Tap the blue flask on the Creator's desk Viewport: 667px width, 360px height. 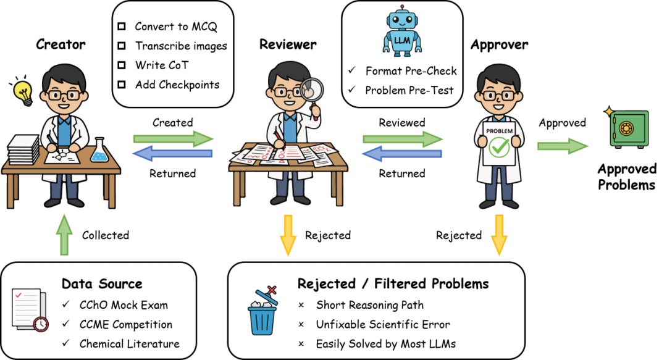click(99, 151)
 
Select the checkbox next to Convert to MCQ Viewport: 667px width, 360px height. click(122, 27)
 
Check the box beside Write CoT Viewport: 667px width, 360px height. click(122, 65)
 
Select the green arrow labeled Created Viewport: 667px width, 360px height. click(173, 139)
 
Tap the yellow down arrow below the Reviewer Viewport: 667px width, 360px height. click(287, 235)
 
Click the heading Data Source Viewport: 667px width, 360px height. click(102, 284)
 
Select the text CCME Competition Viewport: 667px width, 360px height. click(125, 324)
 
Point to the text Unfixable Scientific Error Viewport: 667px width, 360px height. click(383, 324)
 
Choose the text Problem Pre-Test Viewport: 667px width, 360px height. click(409, 90)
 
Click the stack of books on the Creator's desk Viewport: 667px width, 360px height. click(23, 149)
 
